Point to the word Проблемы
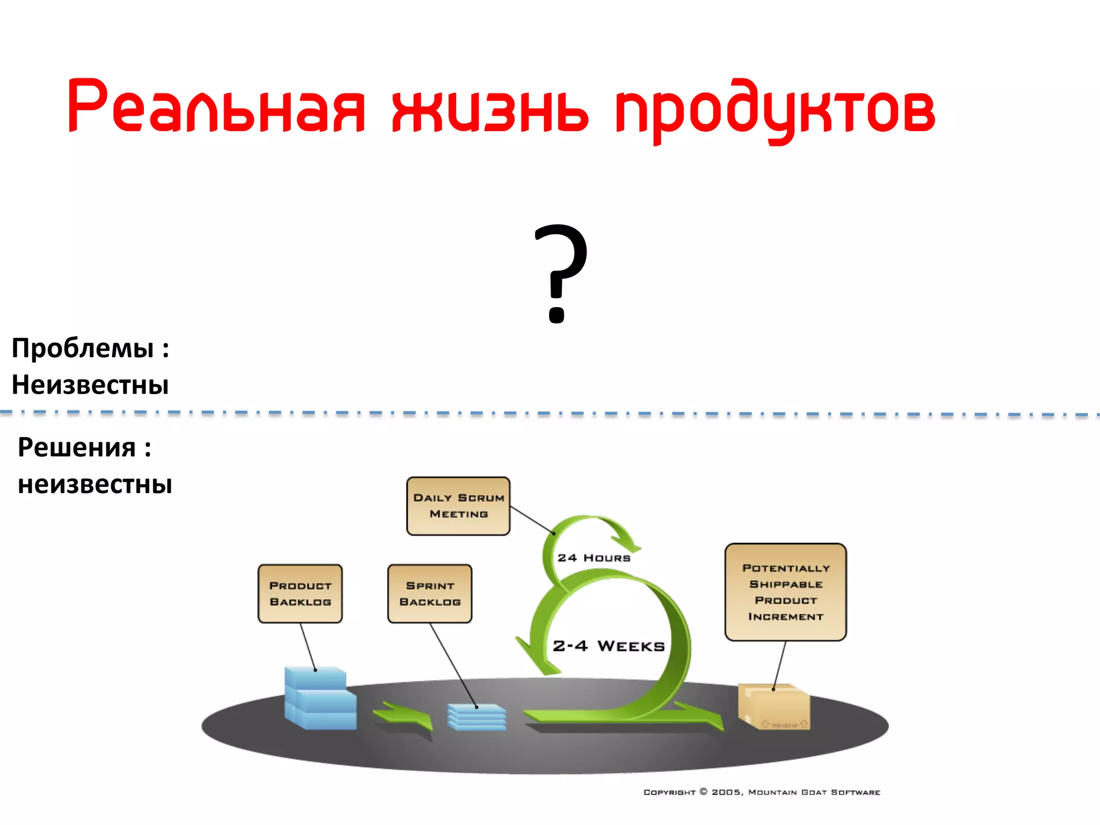coord(83,348)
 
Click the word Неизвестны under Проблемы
coord(90,385)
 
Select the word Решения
coord(77,447)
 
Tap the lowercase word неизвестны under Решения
coord(95,484)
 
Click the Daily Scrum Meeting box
coord(458,506)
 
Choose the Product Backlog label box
coord(300,594)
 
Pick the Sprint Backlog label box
coord(430,594)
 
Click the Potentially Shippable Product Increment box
coord(785,592)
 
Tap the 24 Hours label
coord(594,558)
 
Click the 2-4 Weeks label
coord(609,646)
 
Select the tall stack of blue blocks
coord(320,698)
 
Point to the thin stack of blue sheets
coord(476,717)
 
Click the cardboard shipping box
coord(774,706)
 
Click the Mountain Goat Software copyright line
coord(762,792)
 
